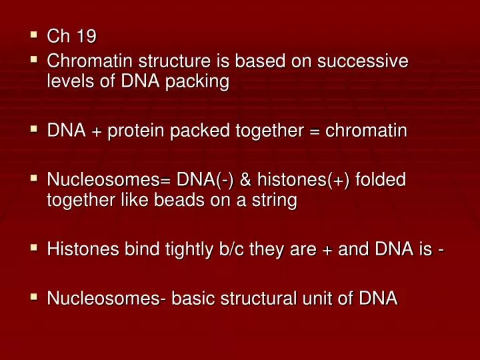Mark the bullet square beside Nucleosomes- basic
click(x=33, y=298)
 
